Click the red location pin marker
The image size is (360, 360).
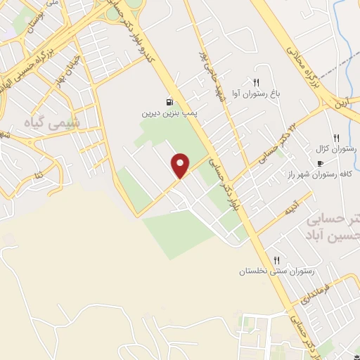click(x=181, y=165)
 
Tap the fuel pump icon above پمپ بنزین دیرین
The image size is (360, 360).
click(x=169, y=102)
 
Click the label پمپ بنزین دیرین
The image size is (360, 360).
click(x=168, y=112)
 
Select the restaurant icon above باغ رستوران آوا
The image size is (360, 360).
click(x=256, y=82)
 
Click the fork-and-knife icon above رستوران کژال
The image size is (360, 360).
click(x=336, y=138)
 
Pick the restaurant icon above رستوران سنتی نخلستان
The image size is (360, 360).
click(x=276, y=260)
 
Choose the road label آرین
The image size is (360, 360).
click(x=342, y=103)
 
